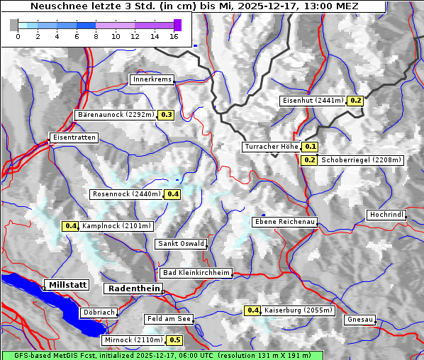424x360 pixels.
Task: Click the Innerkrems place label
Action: coord(152,79)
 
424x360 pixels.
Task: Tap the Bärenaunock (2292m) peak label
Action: coord(115,114)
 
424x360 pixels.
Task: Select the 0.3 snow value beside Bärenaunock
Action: coord(167,114)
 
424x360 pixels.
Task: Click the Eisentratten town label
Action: coord(73,137)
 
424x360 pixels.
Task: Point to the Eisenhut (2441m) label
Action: coord(313,101)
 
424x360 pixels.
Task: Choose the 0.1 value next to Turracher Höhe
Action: coord(310,147)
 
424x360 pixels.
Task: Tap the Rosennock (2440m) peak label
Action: coord(127,193)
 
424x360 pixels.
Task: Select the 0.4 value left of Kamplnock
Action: coord(69,226)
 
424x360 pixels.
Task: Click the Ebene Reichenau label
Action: coord(285,222)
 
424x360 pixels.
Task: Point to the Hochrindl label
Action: coord(387,215)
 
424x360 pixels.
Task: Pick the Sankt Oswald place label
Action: coord(181,244)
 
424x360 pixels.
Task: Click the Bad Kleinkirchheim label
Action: coord(196,273)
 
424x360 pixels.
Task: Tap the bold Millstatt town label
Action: coord(67,285)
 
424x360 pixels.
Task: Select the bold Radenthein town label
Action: coord(133,288)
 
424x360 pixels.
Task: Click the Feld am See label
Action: coord(169,319)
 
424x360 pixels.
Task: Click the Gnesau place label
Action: coord(360,320)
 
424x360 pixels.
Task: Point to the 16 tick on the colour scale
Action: coord(174,36)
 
